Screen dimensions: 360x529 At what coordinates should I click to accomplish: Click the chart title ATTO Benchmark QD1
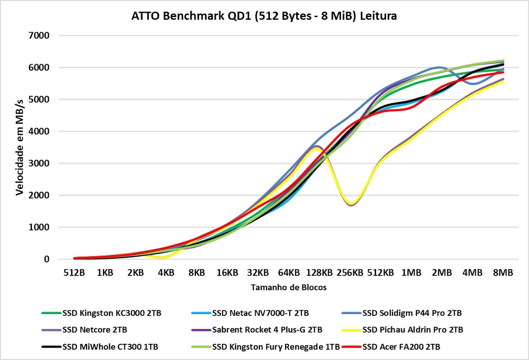click(x=264, y=16)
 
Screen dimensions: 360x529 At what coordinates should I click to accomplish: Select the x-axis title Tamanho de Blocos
click(x=288, y=288)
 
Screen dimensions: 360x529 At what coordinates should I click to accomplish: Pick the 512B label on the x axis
click(x=74, y=273)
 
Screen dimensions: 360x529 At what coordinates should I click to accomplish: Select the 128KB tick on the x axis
click(x=319, y=273)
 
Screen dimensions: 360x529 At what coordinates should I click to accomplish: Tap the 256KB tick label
click(x=350, y=273)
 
